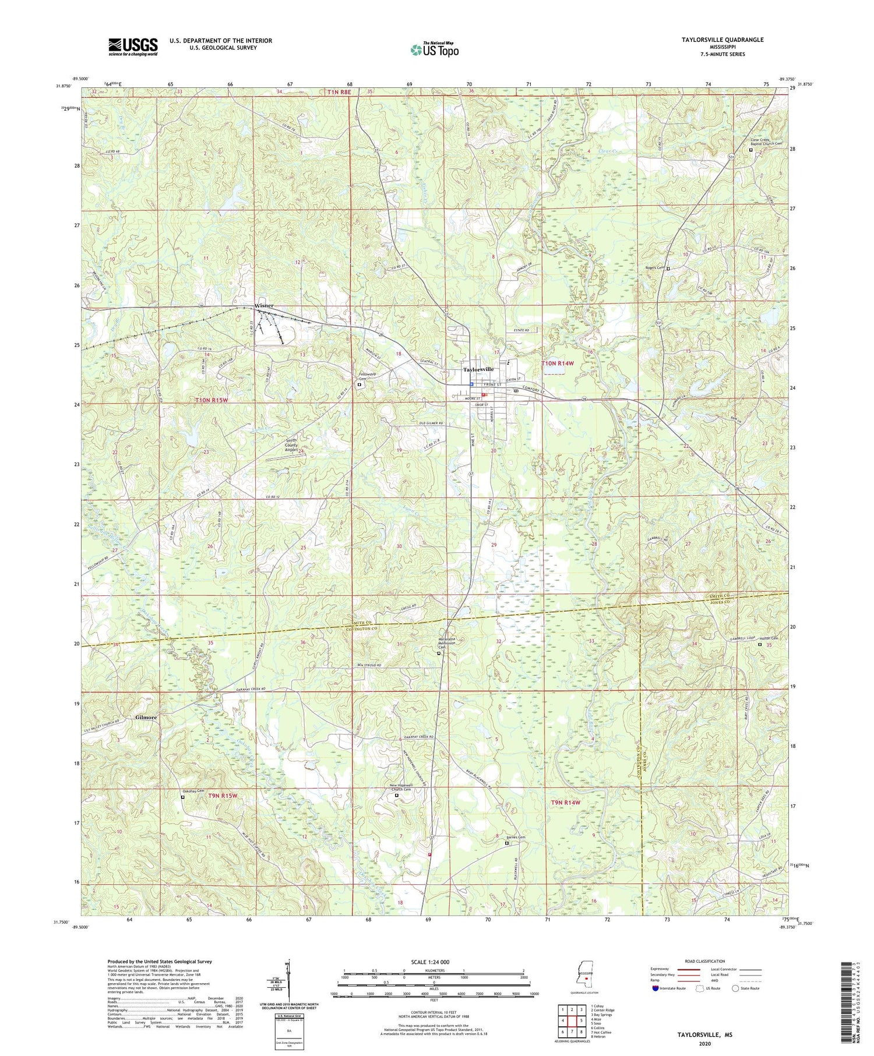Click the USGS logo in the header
(x=133, y=47)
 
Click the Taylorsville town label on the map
(x=478, y=369)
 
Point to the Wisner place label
(x=264, y=306)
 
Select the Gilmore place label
(x=146, y=717)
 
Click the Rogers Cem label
(x=654, y=268)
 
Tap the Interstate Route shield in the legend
(x=656, y=988)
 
